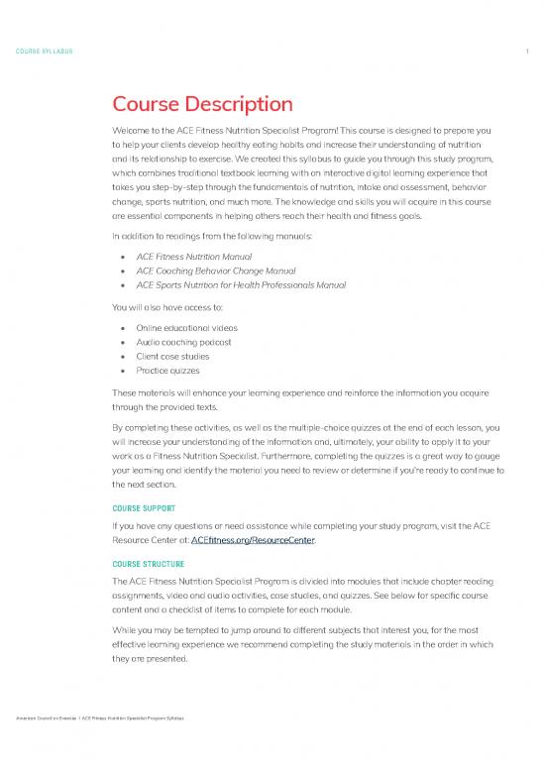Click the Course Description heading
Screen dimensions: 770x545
point(202,104)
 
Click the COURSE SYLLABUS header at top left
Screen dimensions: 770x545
point(43,51)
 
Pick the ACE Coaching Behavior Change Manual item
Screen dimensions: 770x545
point(212,271)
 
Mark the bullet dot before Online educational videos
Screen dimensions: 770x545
point(121,328)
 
